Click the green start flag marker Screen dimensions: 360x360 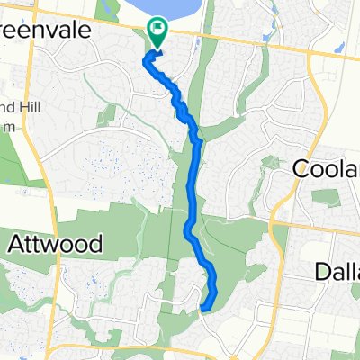pyautogui.click(x=158, y=32)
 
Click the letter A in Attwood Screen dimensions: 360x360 pyautogui.click(x=16, y=243)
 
